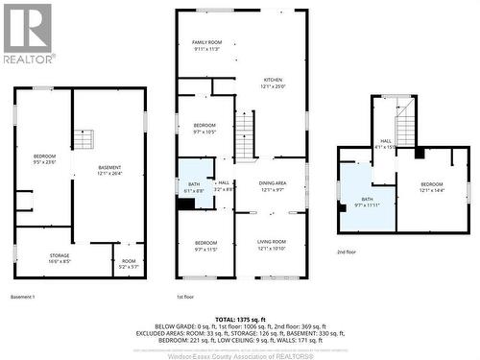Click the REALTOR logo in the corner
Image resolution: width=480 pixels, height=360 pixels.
coord(26,33)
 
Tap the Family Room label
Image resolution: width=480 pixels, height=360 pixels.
coord(206,45)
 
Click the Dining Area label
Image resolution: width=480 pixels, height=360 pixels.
coord(274,186)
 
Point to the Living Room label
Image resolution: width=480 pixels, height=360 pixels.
coord(272,245)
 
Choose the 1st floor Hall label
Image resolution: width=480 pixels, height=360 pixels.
coord(223,185)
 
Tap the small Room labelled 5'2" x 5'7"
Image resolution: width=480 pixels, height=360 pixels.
coord(129,262)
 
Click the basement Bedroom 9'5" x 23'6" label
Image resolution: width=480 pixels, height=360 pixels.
coord(45,159)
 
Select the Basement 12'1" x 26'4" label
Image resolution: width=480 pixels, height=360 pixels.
coord(108,170)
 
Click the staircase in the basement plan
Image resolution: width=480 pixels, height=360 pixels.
coord(84,140)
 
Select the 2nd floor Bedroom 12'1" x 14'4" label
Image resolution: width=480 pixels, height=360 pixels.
coord(431,187)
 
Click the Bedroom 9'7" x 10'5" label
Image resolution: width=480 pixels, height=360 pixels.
coord(205,130)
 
